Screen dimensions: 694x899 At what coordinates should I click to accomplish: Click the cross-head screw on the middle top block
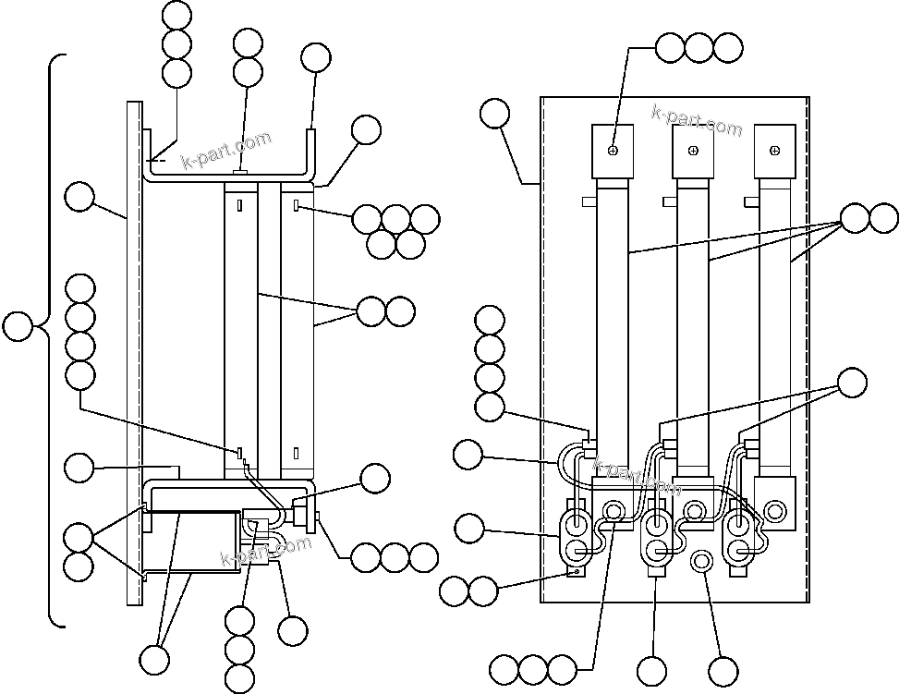[693, 150]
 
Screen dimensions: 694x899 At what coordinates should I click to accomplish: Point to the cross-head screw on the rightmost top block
[774, 150]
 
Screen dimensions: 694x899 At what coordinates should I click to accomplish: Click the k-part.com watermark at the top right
[697, 120]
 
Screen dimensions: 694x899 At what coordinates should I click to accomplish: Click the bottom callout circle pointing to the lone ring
[723, 670]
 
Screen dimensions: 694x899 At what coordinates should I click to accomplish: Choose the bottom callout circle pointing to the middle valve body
[652, 670]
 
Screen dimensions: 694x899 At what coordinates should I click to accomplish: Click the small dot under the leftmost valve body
[576, 572]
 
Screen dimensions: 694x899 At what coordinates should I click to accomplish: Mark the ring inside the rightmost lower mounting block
[775, 508]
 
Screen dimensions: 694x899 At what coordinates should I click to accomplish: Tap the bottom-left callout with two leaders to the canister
[154, 659]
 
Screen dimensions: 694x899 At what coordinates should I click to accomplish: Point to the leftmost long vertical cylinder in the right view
[613, 314]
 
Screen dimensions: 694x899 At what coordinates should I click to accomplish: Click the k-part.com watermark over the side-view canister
[266, 552]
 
